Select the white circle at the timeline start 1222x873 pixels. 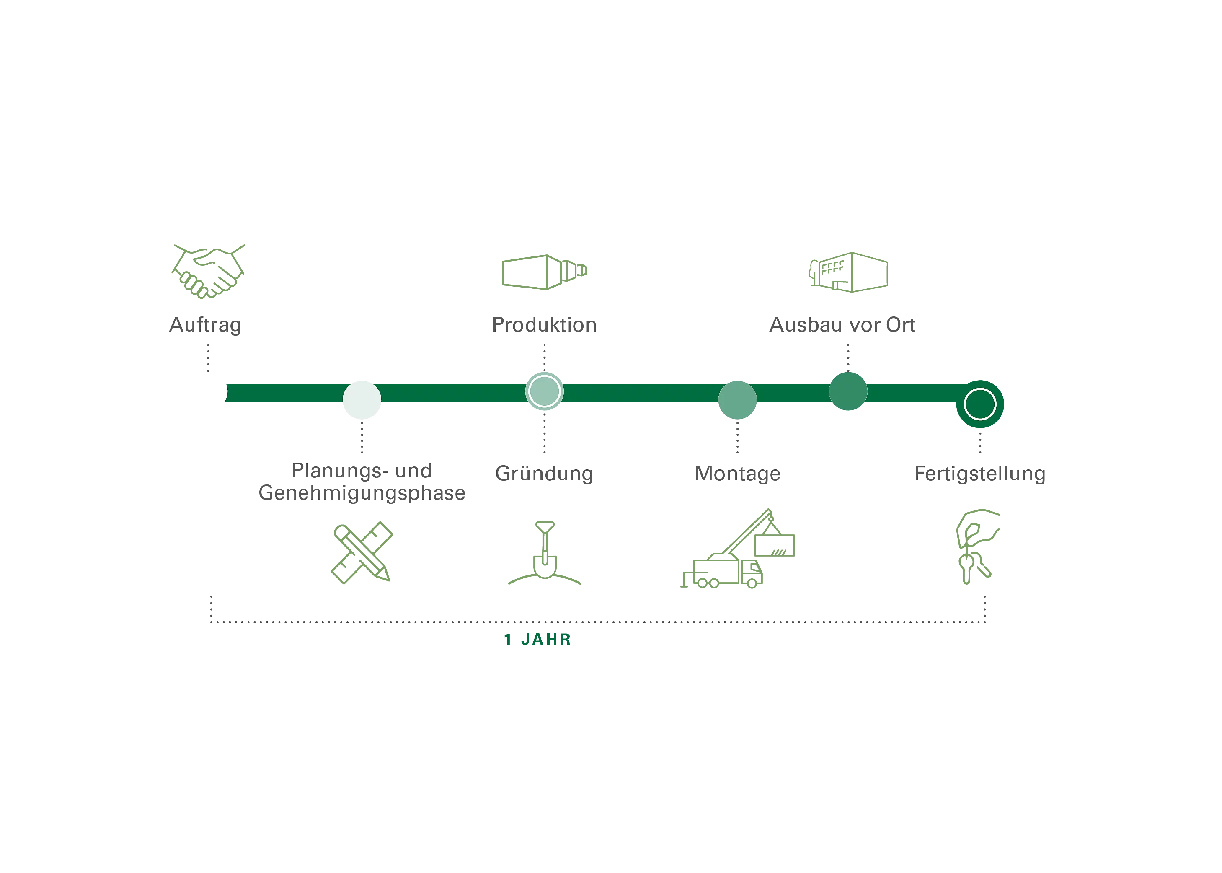pyautogui.click(x=207, y=391)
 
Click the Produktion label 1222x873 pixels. pyautogui.click(x=544, y=324)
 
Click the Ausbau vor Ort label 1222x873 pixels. pyautogui.click(x=842, y=324)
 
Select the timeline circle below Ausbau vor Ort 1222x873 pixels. pyautogui.click(x=848, y=391)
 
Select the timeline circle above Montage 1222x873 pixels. pyautogui.click(x=737, y=400)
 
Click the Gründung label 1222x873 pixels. pyautogui.click(x=544, y=474)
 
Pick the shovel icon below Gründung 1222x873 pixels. pyautogui.click(x=544, y=554)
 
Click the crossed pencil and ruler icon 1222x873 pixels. pyautogui.click(x=361, y=552)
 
